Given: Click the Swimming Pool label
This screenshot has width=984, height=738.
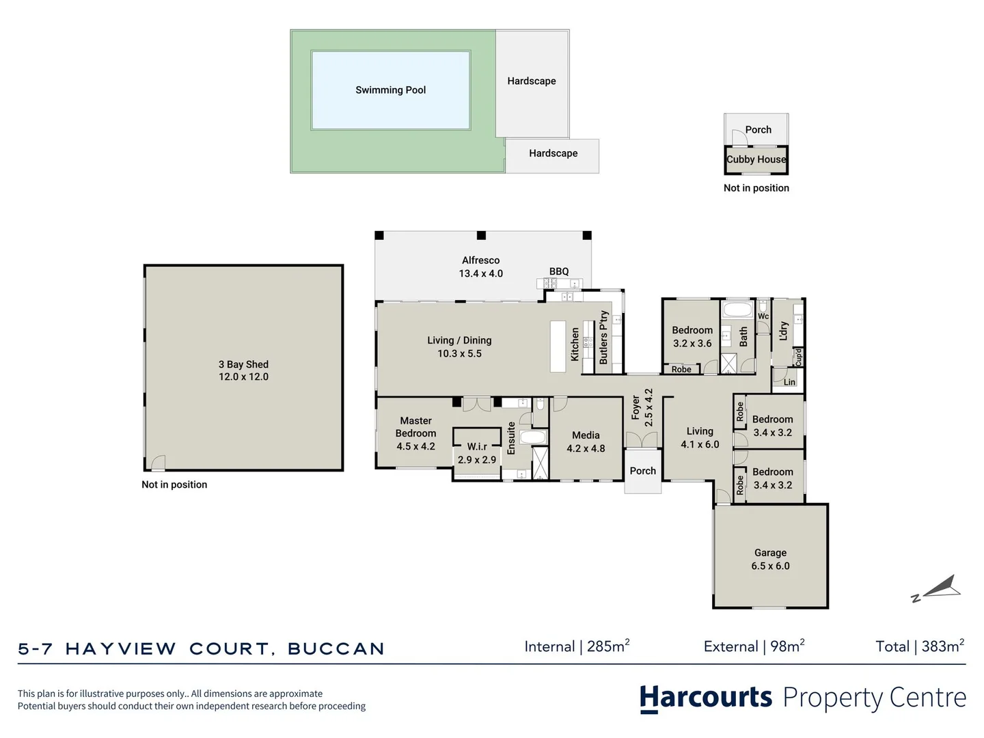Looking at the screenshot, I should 390,90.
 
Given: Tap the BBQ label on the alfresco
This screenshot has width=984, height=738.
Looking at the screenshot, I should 559,271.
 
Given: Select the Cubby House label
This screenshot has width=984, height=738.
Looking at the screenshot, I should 756,159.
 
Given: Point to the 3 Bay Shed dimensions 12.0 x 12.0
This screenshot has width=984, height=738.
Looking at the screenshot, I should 243,377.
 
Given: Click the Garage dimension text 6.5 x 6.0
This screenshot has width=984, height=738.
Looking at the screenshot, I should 770,566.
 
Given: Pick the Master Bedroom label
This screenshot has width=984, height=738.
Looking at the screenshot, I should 415,427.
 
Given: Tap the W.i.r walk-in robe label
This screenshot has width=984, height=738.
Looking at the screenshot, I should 477,446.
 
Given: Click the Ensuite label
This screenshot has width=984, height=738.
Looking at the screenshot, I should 511,438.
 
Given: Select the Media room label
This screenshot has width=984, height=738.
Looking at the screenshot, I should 586,435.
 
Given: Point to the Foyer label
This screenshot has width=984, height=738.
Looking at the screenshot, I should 635,408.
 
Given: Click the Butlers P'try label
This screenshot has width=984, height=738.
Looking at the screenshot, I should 603,337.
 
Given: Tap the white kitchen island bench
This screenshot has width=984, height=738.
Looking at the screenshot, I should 558,346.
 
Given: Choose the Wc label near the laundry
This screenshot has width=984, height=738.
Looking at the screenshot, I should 763,316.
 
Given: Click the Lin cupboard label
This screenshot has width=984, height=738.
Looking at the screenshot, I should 789,382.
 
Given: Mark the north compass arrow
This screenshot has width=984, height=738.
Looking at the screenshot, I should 940,588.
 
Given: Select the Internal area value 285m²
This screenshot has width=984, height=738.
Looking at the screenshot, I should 607,646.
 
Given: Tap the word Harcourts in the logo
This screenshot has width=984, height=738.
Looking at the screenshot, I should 706,698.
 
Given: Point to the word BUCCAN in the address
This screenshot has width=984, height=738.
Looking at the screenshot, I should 336,649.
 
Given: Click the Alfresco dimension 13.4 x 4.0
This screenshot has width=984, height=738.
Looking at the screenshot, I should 480,273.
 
